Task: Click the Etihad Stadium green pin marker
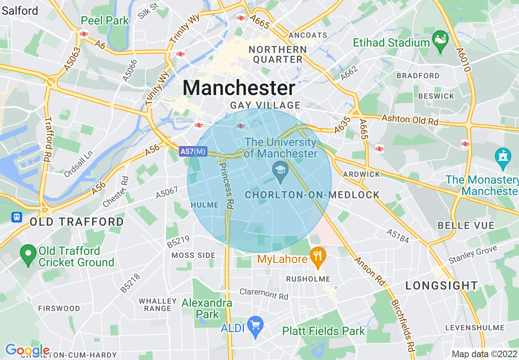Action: (440, 40)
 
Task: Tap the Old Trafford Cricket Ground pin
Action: (28, 255)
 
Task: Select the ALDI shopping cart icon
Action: (255, 326)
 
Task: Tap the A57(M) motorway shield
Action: (193, 152)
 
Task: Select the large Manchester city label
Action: (239, 88)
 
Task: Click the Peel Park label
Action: (105, 20)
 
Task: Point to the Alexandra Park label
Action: (207, 309)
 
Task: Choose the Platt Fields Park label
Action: (323, 331)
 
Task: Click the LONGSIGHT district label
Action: (442, 286)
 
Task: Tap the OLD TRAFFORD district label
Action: (77, 222)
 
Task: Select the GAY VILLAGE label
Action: (265, 106)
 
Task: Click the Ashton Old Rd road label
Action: (410, 120)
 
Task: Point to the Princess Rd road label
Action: (226, 186)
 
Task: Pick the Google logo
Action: (27, 350)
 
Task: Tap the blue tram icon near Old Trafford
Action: (17, 216)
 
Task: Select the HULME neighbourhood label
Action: (205, 205)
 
